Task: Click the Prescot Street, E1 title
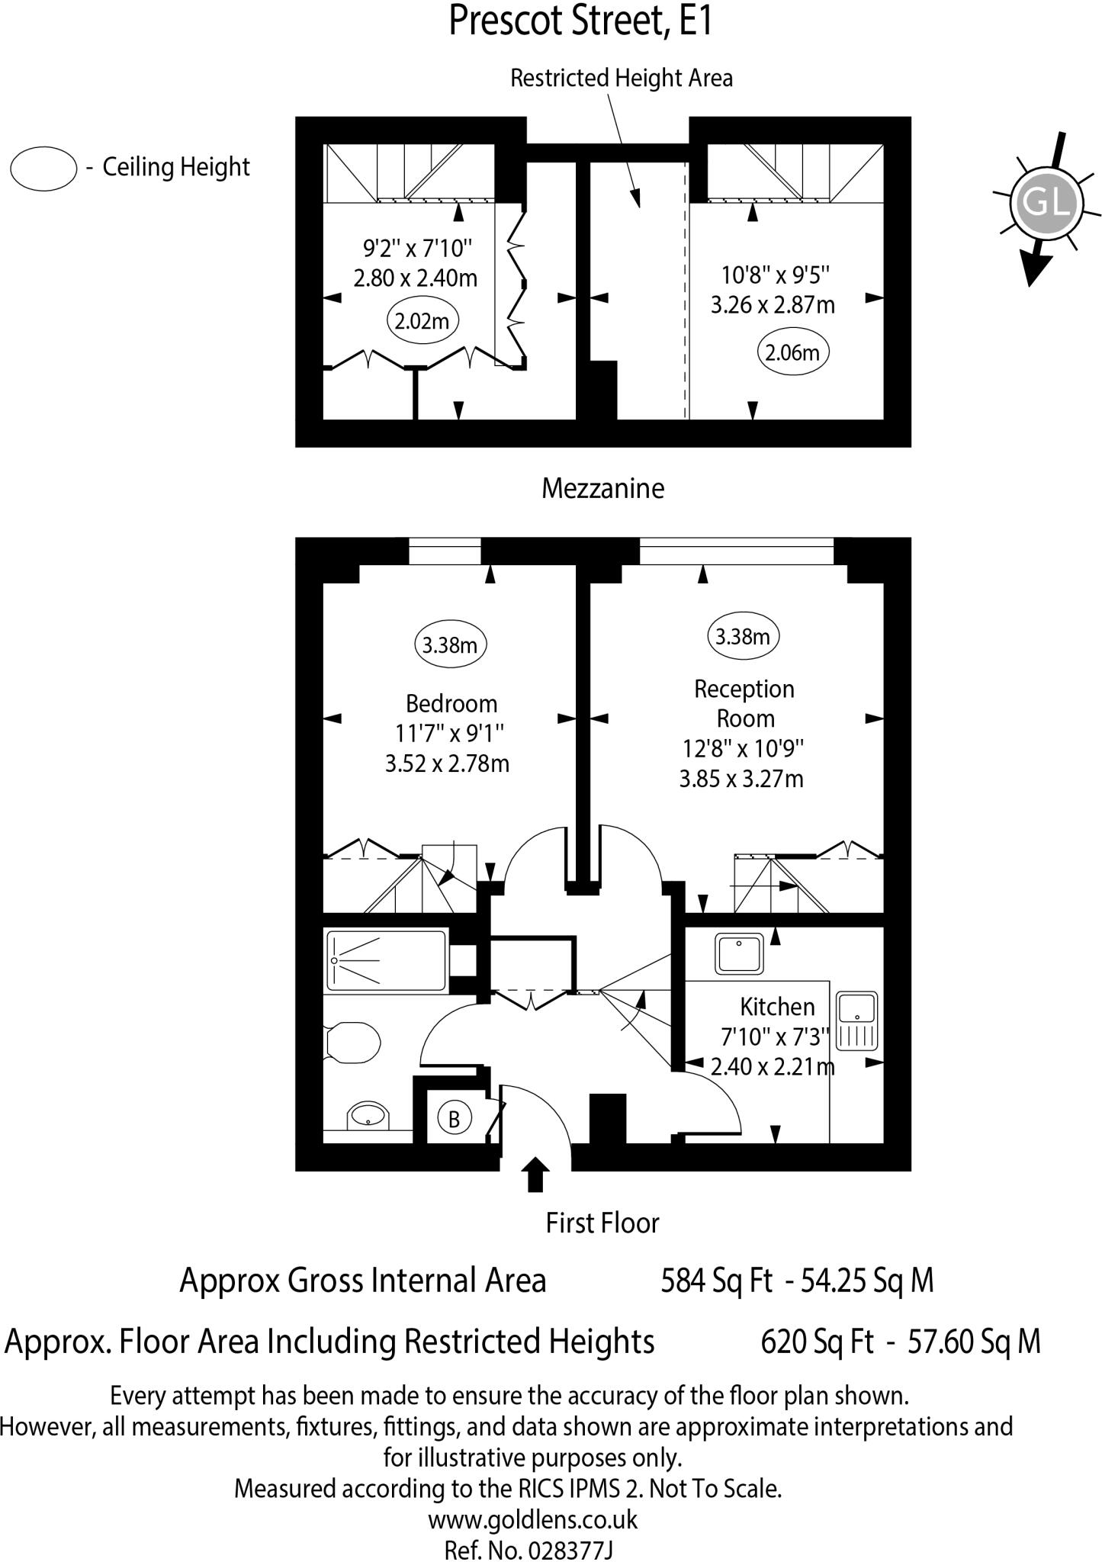coord(580,21)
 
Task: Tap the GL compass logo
coord(1045,204)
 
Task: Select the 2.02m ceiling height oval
coord(422,321)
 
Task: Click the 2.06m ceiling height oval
coord(792,352)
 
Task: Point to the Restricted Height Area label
coord(621,78)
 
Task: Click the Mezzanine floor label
coord(602,488)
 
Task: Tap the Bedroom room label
coord(451,702)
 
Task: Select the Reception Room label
coord(744,703)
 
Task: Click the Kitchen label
coord(777,1007)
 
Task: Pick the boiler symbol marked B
coord(454,1120)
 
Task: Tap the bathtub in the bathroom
coord(386,960)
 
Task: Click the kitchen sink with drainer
coord(858,1020)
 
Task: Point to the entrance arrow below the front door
coord(536,1175)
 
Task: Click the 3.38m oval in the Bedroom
coord(450,645)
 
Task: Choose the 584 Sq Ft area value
coord(715,1281)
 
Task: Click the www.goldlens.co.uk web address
coord(532,1519)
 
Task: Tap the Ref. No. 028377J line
coord(529,1550)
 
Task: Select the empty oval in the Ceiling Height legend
coord(43,168)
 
